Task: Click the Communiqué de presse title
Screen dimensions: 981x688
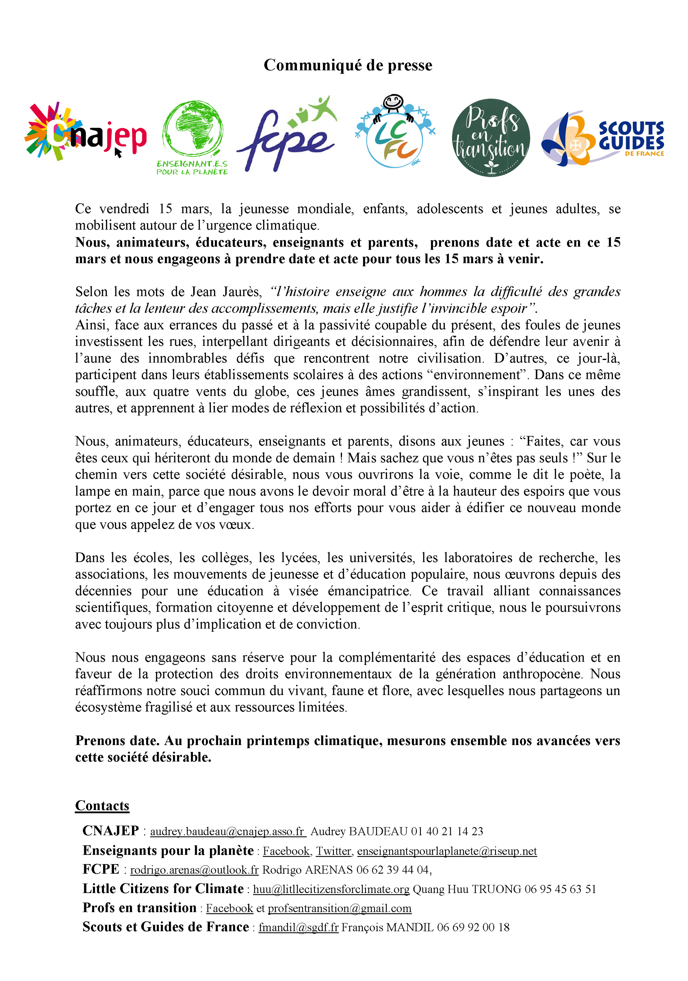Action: pyautogui.click(x=348, y=65)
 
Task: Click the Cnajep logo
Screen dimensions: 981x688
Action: pyautogui.click(x=85, y=132)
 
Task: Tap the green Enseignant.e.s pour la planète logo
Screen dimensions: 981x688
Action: pyautogui.click(x=192, y=137)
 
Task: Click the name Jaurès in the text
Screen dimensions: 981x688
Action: pyautogui.click(x=242, y=292)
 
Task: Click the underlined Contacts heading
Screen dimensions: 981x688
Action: pyautogui.click(x=102, y=805)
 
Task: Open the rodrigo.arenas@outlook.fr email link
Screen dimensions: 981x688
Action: pyautogui.click(x=194, y=870)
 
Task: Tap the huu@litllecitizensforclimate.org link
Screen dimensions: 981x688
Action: pyautogui.click(x=331, y=889)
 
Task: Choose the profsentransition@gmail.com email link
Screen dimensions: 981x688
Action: pyautogui.click(x=339, y=908)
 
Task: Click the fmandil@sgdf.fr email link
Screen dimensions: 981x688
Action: pyautogui.click(x=298, y=927)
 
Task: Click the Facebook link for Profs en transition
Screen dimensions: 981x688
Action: pyautogui.click(x=229, y=908)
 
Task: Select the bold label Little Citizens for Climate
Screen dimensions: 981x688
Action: pyautogui.click(x=163, y=888)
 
